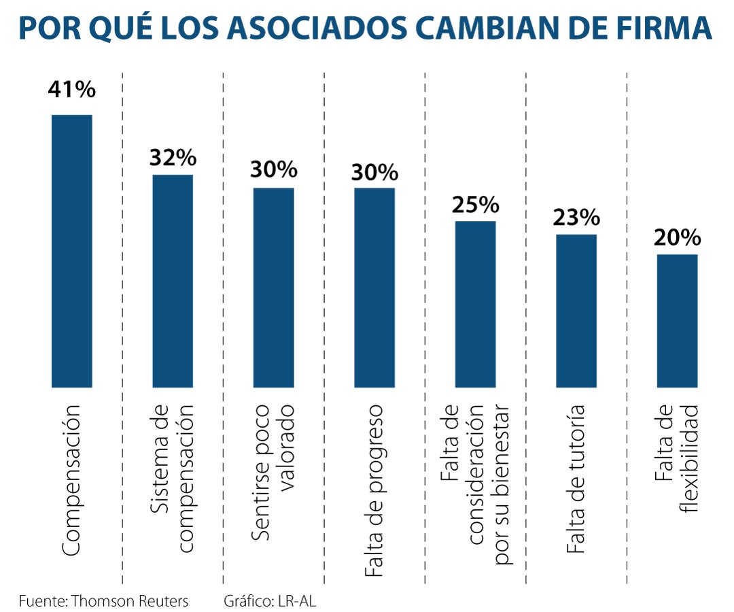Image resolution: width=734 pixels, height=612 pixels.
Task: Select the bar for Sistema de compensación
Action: click(x=173, y=280)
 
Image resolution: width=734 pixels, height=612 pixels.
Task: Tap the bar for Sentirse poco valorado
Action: click(x=274, y=287)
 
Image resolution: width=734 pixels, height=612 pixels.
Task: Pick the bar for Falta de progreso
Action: click(x=374, y=287)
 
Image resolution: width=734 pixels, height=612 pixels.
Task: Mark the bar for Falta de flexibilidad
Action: click(x=677, y=320)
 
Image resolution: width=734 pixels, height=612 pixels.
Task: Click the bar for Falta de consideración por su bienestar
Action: click(x=475, y=303)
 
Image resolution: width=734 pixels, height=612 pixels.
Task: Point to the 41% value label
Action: click(x=72, y=90)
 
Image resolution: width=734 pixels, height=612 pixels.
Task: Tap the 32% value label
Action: click(x=173, y=158)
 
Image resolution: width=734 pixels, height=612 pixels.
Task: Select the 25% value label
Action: click(x=475, y=204)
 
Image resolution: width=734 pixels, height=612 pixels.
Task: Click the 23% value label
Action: click(x=576, y=218)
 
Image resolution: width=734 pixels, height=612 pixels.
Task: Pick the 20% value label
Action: click(x=677, y=237)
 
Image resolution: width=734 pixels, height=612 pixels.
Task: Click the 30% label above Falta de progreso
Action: click(x=374, y=171)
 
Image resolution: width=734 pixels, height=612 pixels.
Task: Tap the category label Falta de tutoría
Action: click(x=576, y=479)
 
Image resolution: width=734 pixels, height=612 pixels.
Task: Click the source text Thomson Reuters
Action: click(x=129, y=601)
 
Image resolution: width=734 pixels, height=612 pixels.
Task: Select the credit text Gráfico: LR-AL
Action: click(x=270, y=601)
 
